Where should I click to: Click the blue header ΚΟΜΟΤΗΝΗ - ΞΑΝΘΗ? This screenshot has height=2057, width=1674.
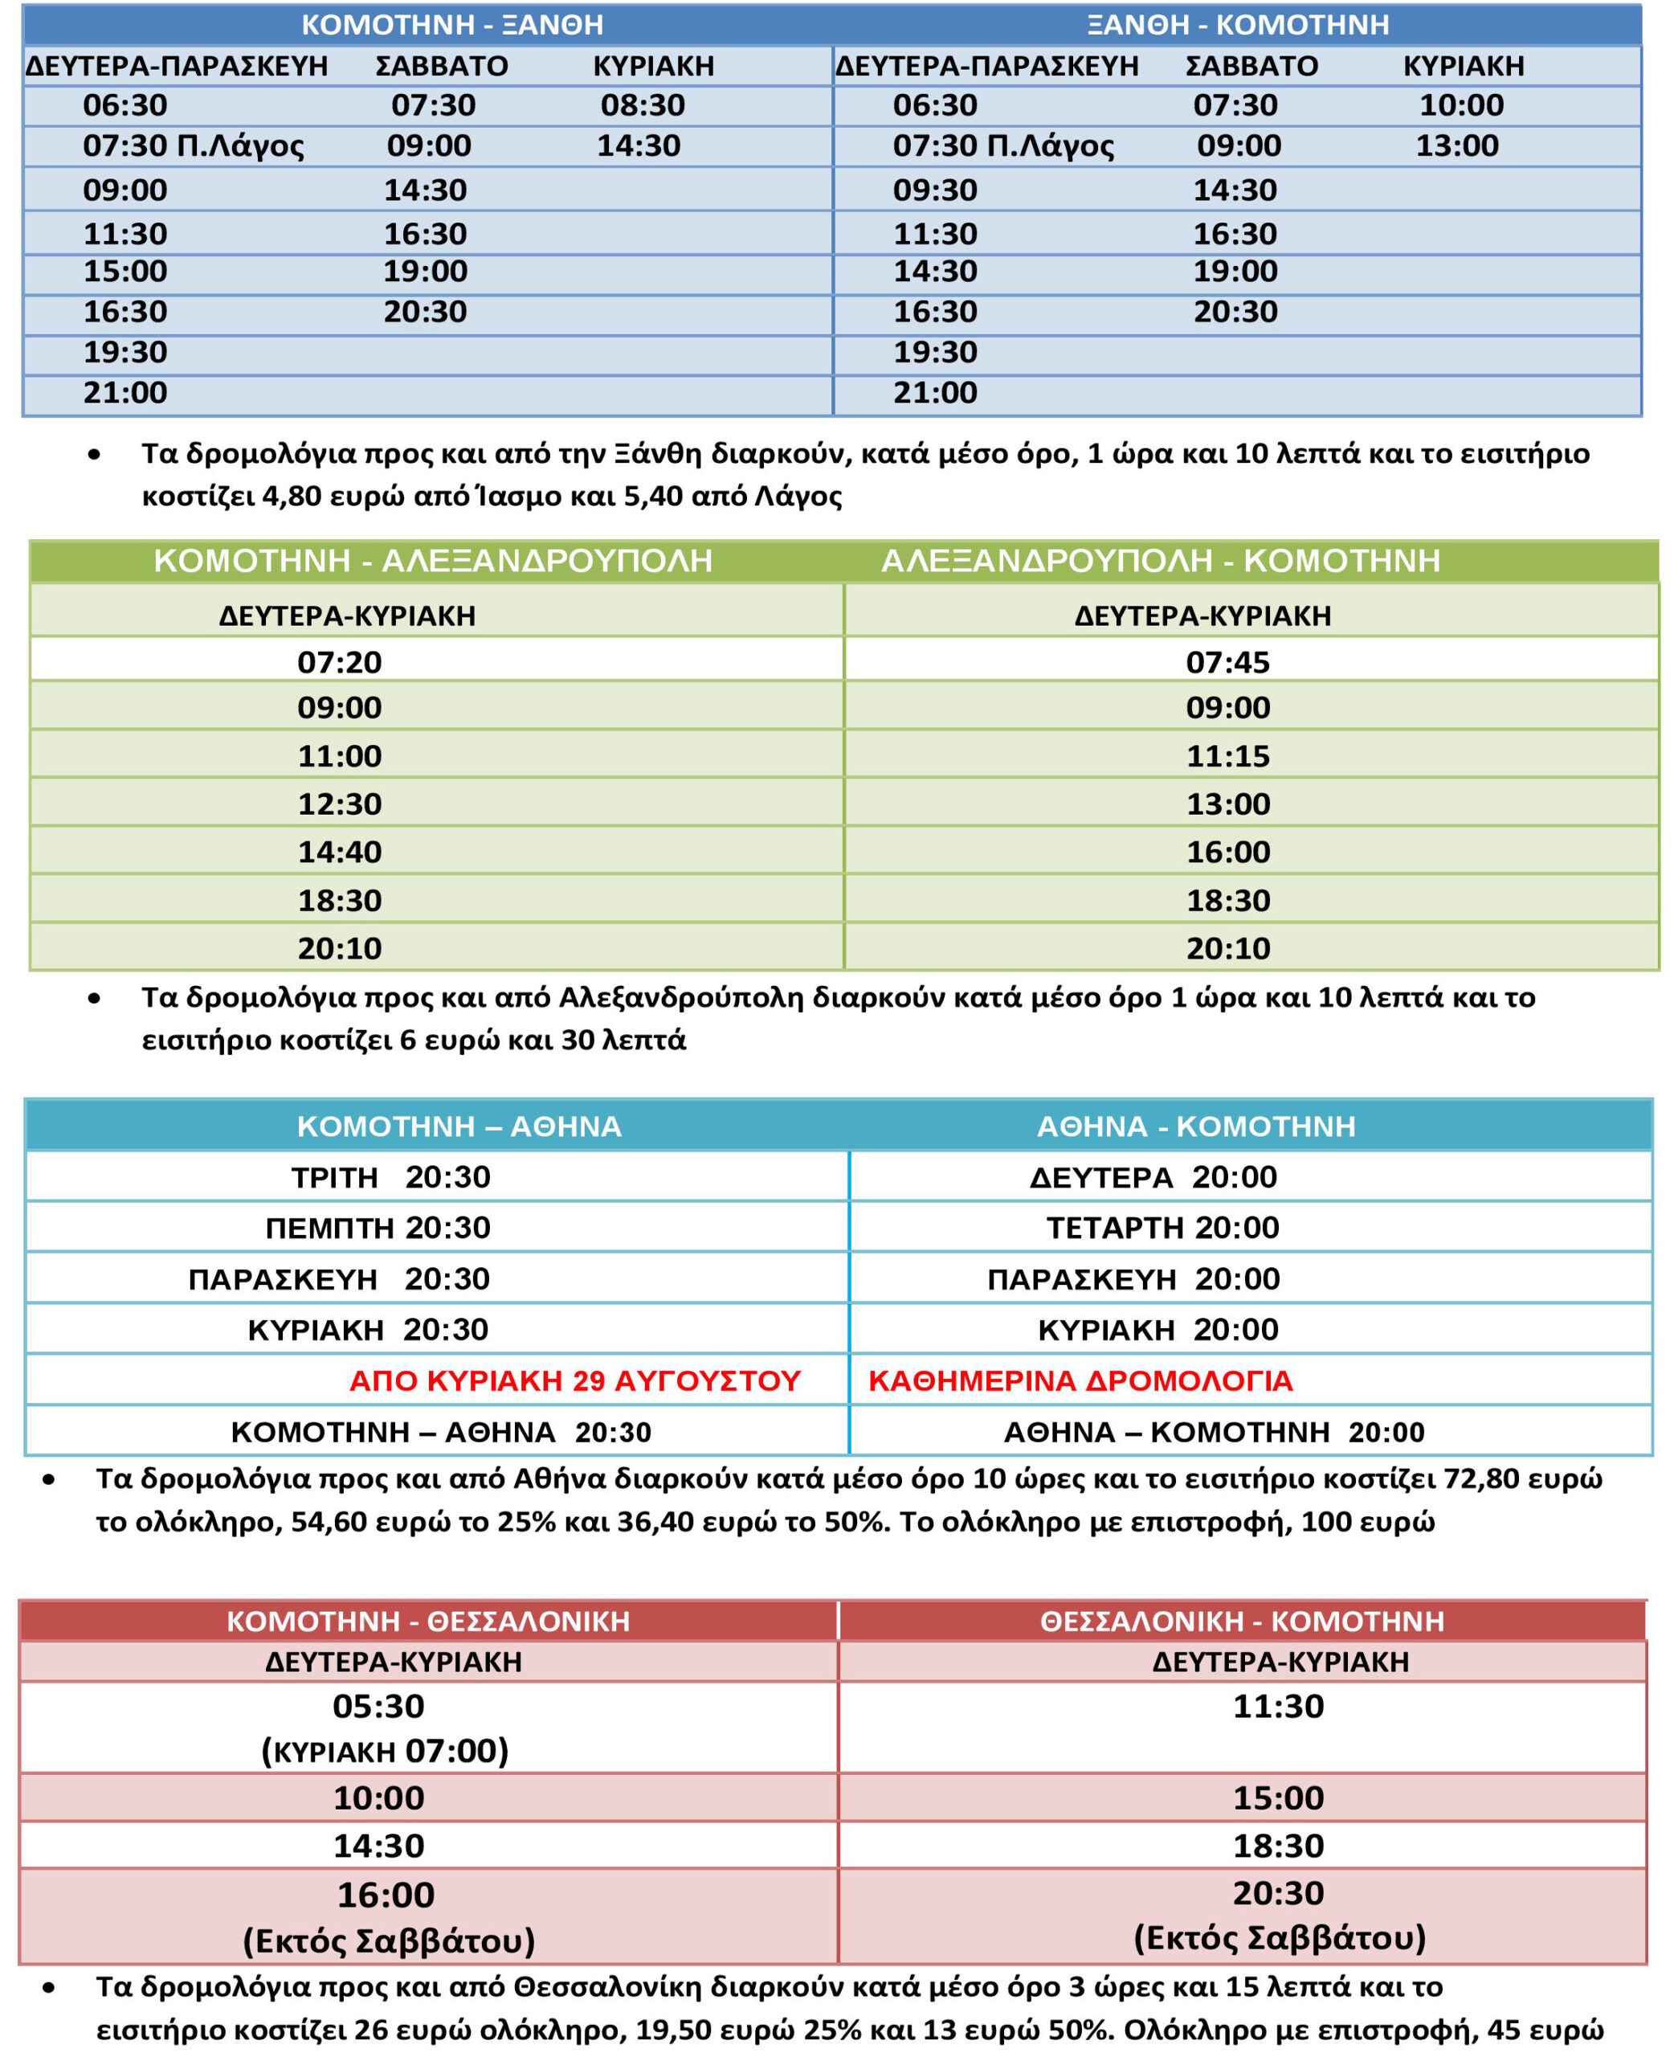pos(452,24)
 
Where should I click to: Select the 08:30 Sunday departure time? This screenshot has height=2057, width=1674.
pos(643,105)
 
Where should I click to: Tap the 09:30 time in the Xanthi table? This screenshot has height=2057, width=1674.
pos(934,190)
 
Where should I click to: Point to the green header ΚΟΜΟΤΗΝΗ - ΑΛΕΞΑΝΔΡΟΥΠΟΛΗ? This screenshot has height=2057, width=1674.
pos(433,560)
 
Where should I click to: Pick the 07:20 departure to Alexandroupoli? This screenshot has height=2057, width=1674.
pos(340,663)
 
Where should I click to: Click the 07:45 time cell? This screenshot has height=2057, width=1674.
pos(1227,663)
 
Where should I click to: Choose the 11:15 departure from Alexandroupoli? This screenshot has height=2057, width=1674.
pos(1227,756)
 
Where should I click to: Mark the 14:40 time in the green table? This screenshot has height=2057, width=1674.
pos(340,853)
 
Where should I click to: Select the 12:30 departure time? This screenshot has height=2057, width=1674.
pos(340,804)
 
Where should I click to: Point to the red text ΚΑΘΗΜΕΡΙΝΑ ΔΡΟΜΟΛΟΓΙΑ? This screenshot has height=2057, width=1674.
pos(1080,1381)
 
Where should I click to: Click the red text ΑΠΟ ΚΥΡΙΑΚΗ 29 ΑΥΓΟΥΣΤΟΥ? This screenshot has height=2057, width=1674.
pos(574,1381)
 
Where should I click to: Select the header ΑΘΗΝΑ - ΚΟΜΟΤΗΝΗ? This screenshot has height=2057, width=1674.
pos(1196,1127)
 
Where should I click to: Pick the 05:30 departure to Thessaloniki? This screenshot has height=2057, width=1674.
pos(378,1706)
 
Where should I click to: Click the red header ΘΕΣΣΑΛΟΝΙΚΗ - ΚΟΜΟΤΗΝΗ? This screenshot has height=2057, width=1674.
pos(1242,1621)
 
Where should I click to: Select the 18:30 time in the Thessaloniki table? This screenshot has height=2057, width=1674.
pos(1279,1846)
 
